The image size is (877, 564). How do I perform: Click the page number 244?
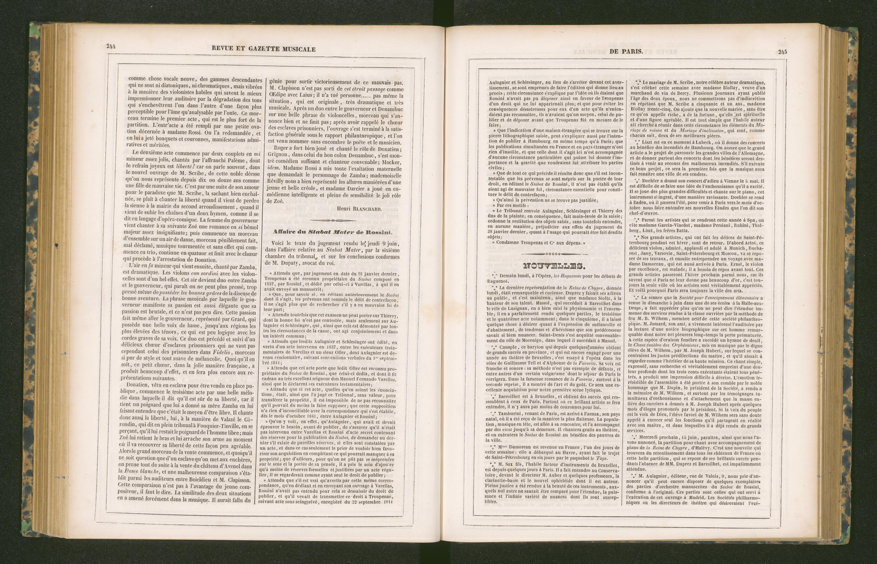[111, 46]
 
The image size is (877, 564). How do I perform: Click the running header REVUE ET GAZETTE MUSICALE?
[263, 49]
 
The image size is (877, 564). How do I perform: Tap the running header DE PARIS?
[626, 52]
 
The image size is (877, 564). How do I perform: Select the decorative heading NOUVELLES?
[554, 266]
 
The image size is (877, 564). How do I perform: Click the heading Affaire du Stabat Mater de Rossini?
[333, 232]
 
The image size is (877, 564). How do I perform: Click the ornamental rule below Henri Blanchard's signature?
[333, 220]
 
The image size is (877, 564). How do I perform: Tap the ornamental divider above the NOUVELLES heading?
[555, 254]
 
